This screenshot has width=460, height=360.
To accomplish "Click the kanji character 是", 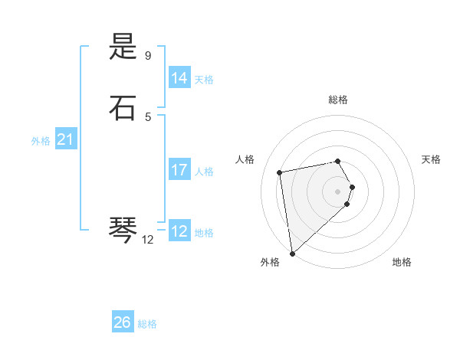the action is tap(123, 48).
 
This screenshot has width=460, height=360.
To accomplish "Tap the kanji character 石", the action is tap(123, 108).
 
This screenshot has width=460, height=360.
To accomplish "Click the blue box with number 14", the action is tap(179, 78).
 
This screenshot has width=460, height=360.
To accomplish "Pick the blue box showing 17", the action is tap(179, 170).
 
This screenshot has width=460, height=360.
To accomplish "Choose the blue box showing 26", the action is tap(122, 322).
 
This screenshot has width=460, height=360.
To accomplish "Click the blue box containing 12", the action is tap(179, 231).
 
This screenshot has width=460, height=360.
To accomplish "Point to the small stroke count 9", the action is tap(148, 56).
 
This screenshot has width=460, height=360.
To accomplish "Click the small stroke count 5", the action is tap(148, 116).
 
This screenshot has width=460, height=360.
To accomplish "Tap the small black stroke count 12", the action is tap(148, 240).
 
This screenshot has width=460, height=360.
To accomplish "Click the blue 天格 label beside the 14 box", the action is tap(204, 80).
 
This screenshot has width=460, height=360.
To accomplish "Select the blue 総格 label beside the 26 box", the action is tap(147, 324).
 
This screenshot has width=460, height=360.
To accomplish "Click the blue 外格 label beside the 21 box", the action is tap(41, 141).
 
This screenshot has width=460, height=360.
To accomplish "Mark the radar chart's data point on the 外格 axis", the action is tap(291, 252).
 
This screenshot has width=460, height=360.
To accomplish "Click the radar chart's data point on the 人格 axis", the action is tap(280, 172).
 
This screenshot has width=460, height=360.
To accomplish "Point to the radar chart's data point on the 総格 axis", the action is tap(337, 161).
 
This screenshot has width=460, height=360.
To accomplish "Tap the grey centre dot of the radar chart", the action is tap(337, 191).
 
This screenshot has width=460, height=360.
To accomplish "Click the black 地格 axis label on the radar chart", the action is tap(402, 262).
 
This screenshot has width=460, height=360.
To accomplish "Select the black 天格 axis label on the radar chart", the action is tap(431, 159).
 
